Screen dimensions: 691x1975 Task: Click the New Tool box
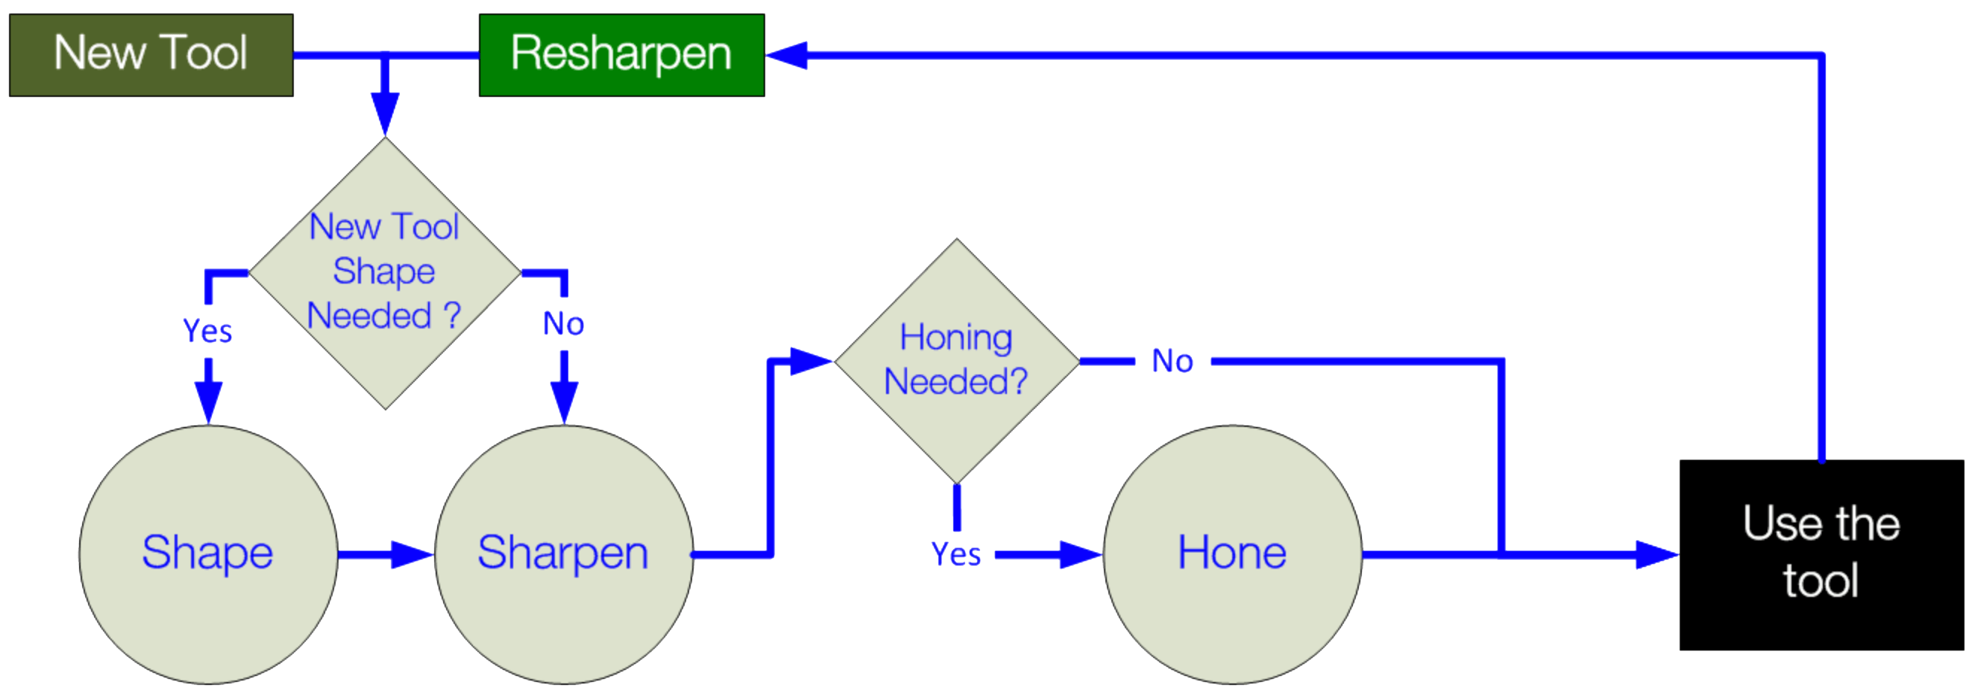151,55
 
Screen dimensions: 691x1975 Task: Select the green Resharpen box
621,55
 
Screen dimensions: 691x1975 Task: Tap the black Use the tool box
1821,554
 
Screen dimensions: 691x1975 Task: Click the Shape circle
208,554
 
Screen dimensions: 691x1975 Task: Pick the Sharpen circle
564,554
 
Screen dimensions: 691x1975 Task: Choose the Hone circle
1232,554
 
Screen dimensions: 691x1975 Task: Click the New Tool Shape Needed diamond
384,273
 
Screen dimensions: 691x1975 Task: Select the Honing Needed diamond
956,360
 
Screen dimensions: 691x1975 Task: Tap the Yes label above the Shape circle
208,331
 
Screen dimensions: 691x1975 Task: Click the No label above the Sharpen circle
564,325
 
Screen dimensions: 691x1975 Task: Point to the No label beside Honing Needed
1172,361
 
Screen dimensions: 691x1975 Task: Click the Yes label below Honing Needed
956,554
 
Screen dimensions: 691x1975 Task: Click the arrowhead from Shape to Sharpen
411,554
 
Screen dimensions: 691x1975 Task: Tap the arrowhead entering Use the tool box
1656,554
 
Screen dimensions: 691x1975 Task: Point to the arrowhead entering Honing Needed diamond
811,361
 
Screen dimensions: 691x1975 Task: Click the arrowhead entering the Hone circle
1080,554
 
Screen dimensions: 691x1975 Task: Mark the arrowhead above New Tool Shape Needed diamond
385,113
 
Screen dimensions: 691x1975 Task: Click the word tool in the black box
1821,581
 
